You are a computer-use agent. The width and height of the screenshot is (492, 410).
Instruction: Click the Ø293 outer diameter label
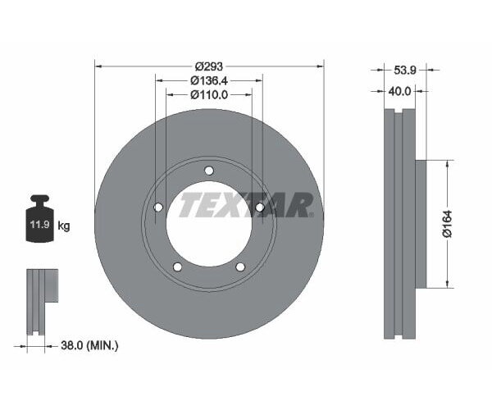(x=209, y=65)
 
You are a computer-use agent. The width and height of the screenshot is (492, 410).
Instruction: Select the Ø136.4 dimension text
(x=208, y=80)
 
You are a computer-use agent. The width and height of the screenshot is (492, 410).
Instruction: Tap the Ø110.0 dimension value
(x=208, y=95)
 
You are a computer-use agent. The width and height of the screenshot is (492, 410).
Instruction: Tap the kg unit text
(x=64, y=225)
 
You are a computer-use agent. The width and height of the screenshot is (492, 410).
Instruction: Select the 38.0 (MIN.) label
(x=90, y=346)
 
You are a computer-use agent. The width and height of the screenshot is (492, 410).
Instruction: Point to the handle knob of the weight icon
(x=39, y=199)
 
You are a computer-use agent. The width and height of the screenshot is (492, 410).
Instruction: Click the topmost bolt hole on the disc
(x=209, y=171)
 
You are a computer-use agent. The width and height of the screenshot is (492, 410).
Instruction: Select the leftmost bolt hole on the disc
(x=158, y=207)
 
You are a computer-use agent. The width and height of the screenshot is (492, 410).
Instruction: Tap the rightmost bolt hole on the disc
(x=259, y=207)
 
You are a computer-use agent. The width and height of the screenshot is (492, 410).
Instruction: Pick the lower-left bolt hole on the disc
(x=178, y=266)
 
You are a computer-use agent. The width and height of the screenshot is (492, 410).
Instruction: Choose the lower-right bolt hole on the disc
(x=240, y=266)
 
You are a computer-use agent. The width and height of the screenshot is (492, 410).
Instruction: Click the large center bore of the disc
(x=209, y=225)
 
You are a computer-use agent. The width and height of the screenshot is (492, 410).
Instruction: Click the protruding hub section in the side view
(x=421, y=224)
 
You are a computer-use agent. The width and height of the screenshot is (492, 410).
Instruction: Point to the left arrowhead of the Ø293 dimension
(x=98, y=65)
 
